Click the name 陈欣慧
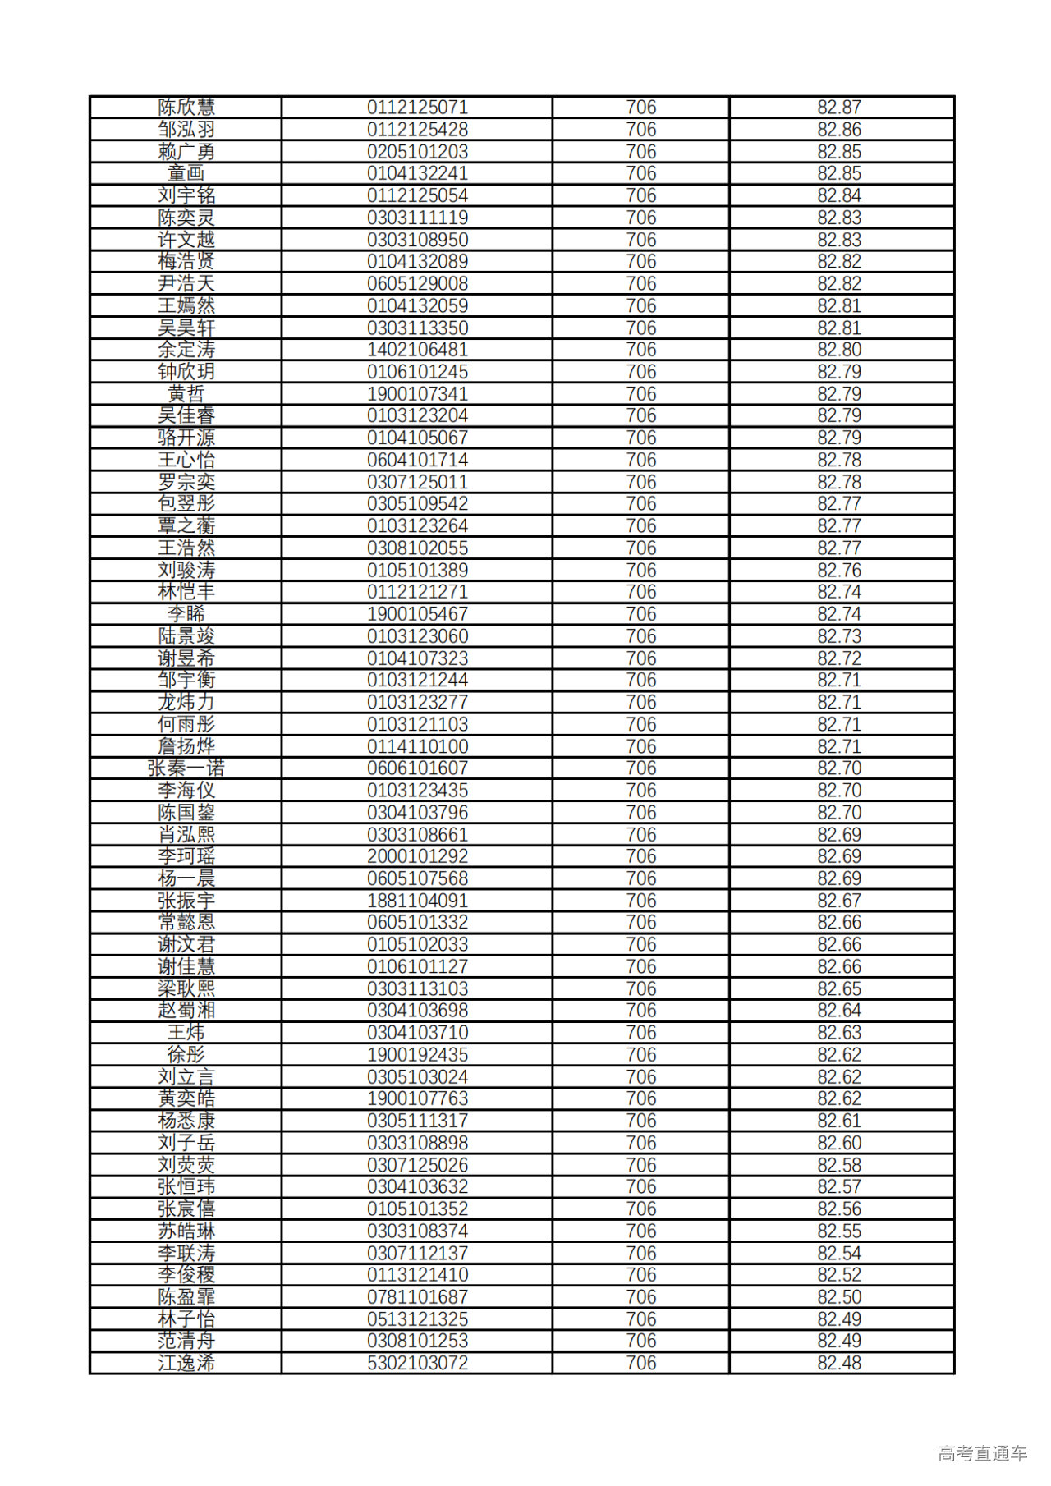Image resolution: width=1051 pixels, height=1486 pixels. coord(186,108)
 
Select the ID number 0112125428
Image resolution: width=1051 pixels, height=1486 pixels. coord(417,130)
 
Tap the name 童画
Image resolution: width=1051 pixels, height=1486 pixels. coord(186,173)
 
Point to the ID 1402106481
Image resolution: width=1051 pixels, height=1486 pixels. coord(417,350)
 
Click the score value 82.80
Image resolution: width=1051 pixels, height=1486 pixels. coord(839,350)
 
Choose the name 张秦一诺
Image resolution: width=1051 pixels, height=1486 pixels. coord(186,768)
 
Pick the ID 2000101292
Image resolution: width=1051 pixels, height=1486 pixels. coord(417,856)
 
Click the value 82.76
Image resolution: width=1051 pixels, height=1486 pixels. coord(839,570)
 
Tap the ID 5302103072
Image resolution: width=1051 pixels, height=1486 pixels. coord(417,1363)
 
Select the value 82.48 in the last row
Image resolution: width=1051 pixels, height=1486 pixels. coord(839,1363)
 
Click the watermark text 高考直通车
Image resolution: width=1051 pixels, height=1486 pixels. coord(982,1453)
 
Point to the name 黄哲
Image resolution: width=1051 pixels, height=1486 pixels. coord(186,394)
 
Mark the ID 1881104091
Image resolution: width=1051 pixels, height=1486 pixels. coord(417,901)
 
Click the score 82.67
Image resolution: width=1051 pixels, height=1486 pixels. coord(839,901)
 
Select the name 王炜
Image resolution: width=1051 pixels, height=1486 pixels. coord(186,1033)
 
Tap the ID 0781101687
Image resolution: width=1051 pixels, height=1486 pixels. coord(417,1297)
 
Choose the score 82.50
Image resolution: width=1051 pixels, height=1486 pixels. coord(839,1297)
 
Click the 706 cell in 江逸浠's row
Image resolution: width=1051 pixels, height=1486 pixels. coord(641,1363)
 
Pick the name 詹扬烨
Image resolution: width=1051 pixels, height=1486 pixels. coord(186,746)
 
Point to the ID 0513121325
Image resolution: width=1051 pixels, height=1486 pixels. coord(417,1319)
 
